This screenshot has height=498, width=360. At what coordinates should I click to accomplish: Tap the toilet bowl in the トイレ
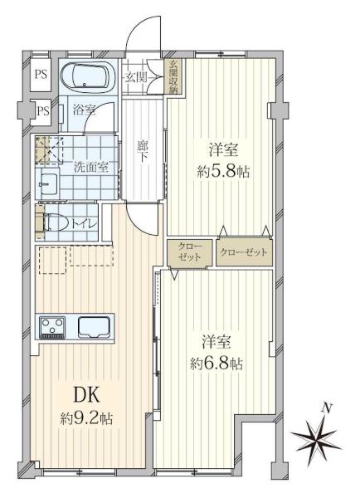[x=57, y=222]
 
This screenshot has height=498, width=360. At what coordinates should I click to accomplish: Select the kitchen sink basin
[x=95, y=327]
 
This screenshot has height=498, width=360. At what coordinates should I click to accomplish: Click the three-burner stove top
[x=52, y=327]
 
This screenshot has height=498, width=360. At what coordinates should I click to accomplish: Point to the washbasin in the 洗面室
[x=47, y=183]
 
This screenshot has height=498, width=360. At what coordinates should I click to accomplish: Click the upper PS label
[x=41, y=75]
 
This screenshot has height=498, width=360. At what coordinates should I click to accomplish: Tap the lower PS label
[x=43, y=111]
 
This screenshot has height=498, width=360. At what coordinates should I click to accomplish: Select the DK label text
[x=86, y=395]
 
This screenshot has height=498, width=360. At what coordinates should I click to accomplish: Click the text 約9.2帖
[x=86, y=419]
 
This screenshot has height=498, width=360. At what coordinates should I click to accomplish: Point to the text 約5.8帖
[x=223, y=172]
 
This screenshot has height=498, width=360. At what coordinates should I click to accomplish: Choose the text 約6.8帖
[x=216, y=364]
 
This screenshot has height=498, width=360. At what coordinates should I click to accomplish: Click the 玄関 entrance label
[x=136, y=77]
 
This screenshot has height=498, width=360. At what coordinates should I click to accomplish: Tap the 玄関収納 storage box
[x=173, y=76]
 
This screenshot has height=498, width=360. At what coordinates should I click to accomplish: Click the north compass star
[x=315, y=439]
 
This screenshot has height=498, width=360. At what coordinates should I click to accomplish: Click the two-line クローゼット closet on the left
[x=189, y=252]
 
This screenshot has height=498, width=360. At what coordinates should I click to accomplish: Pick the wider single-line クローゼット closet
[x=244, y=252]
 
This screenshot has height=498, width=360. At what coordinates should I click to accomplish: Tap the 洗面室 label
[x=91, y=167]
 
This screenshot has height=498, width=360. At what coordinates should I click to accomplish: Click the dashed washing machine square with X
[x=49, y=149]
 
